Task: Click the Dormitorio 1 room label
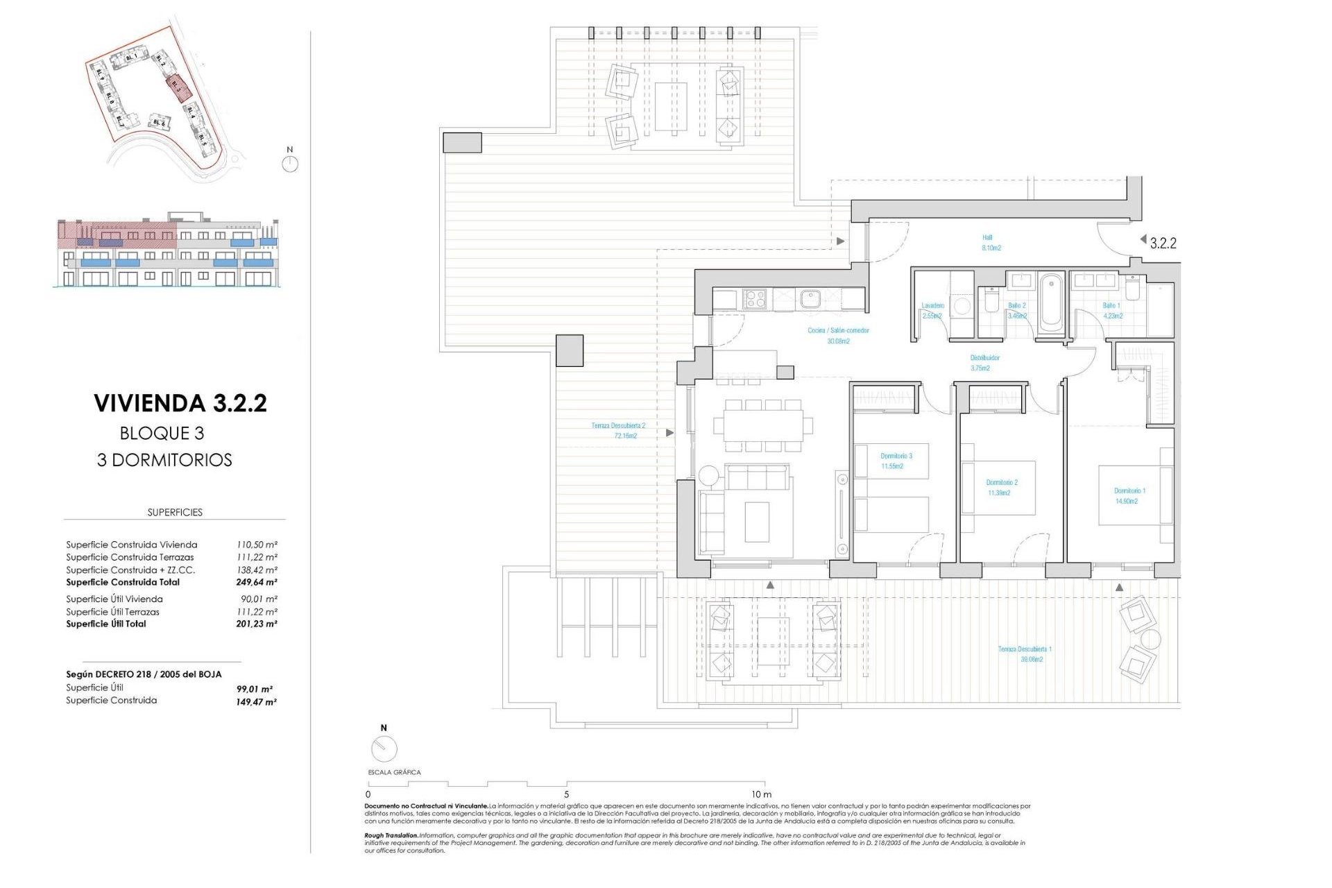point(1129,495)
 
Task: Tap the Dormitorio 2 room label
point(1001,487)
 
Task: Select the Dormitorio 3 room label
point(896,461)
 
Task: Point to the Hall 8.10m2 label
point(990,242)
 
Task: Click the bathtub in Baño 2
point(1051,303)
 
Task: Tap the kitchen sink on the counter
point(809,299)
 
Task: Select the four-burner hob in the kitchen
point(755,299)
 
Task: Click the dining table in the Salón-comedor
point(762,425)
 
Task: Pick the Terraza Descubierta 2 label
point(618,430)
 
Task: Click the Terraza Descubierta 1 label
point(1025,654)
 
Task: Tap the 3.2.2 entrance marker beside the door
point(1162,243)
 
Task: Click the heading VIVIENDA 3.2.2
point(180,403)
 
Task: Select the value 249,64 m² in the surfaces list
point(256,582)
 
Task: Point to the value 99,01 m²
point(254,689)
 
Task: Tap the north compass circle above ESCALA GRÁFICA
point(384,748)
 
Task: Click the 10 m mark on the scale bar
point(760,794)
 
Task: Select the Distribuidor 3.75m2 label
point(984,363)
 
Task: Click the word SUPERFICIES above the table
point(175,512)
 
